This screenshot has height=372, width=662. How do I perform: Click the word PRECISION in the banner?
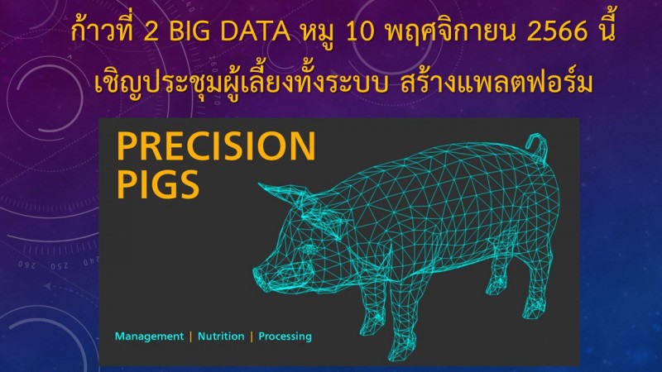coord(216,146)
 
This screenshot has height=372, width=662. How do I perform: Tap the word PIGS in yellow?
coord(157,184)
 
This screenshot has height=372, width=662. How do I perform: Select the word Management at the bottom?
coord(150,336)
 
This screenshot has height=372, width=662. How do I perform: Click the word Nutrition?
coord(221,336)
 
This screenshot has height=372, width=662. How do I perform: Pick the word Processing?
coord(285,336)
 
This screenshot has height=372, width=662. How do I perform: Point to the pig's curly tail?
coord(539,148)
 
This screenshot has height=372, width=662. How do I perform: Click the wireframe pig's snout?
coord(261,276)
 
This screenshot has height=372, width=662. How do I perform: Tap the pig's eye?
coord(309,250)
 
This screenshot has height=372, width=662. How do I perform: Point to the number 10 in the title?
coord(360,32)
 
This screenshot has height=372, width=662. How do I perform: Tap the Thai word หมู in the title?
coord(318,34)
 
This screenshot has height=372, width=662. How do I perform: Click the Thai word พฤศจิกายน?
coord(450,33)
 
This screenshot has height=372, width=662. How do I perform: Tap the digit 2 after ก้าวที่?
coord(151,32)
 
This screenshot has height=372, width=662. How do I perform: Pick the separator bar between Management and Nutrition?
coord(191,336)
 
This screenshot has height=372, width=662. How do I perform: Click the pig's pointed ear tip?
coord(261,185)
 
